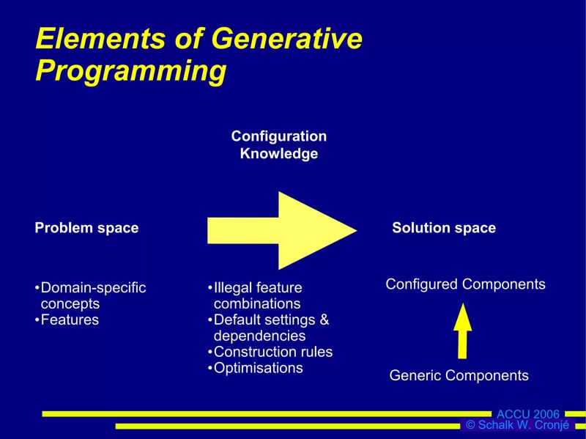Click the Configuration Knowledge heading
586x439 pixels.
(x=279, y=145)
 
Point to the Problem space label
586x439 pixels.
(x=86, y=228)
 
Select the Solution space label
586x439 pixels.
(x=444, y=228)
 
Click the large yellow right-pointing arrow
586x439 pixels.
(x=282, y=230)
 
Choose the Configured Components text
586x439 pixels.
(x=465, y=284)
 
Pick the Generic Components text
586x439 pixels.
(x=459, y=376)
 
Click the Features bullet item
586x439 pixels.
(x=70, y=320)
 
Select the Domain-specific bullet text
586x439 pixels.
(x=93, y=288)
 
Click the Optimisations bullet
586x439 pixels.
(x=258, y=369)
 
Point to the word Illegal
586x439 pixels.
(x=234, y=288)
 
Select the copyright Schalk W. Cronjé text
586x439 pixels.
(x=517, y=426)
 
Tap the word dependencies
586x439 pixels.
(x=259, y=336)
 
